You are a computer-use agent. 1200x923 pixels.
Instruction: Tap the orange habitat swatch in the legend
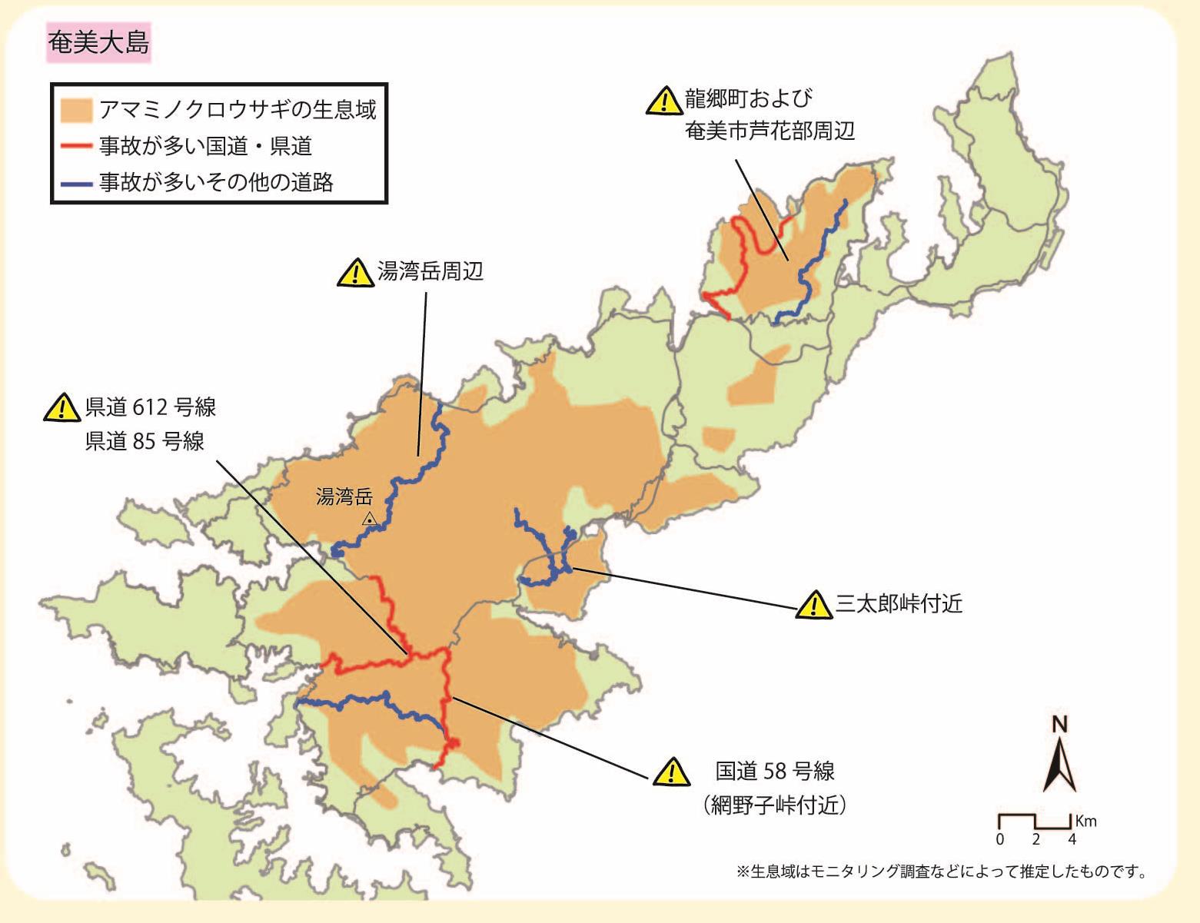76,110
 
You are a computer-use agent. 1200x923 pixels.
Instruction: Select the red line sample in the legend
76,145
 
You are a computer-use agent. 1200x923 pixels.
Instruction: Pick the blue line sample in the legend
76,183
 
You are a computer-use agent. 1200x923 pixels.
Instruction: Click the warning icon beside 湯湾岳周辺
355,273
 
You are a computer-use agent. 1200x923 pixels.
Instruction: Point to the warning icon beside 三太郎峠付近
814,606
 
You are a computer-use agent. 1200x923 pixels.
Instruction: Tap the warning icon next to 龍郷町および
663,101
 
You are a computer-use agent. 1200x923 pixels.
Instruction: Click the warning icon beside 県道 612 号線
62,408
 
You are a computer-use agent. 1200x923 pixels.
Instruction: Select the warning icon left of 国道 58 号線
671,772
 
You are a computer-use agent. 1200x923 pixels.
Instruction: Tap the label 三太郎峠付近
898,604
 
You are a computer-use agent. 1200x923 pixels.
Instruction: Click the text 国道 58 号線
775,771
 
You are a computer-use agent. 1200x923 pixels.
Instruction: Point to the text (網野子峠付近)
775,805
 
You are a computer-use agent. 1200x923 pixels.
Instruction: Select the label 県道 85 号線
145,442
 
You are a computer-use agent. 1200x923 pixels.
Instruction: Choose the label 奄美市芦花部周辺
770,131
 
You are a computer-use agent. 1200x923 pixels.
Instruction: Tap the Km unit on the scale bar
1085,821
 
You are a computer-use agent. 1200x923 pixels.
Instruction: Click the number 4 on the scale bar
1072,839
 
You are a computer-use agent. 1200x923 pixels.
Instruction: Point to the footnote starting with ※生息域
942,872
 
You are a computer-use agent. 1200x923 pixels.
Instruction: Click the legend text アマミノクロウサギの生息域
238,110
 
